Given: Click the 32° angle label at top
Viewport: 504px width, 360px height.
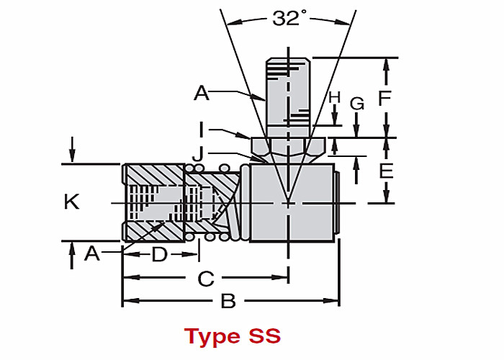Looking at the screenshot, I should (286, 19).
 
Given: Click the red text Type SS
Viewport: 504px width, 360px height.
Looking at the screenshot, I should (232, 336).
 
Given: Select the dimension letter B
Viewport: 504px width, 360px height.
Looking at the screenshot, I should (228, 301).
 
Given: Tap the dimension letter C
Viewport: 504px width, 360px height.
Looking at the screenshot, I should (207, 278).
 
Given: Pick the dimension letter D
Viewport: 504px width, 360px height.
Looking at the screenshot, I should (159, 254).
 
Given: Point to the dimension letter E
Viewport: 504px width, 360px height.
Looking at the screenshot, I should (386, 171).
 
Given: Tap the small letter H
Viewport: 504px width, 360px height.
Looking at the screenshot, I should (333, 96).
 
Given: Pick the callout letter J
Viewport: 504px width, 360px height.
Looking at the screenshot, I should (197, 153).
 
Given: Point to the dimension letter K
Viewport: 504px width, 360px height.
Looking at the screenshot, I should (71, 202).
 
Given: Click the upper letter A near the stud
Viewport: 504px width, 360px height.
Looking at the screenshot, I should (201, 92).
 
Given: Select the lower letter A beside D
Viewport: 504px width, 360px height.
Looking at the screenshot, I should (91, 253).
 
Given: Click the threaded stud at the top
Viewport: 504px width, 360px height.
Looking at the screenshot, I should (288, 86).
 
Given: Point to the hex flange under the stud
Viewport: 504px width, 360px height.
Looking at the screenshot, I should (288, 148).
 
